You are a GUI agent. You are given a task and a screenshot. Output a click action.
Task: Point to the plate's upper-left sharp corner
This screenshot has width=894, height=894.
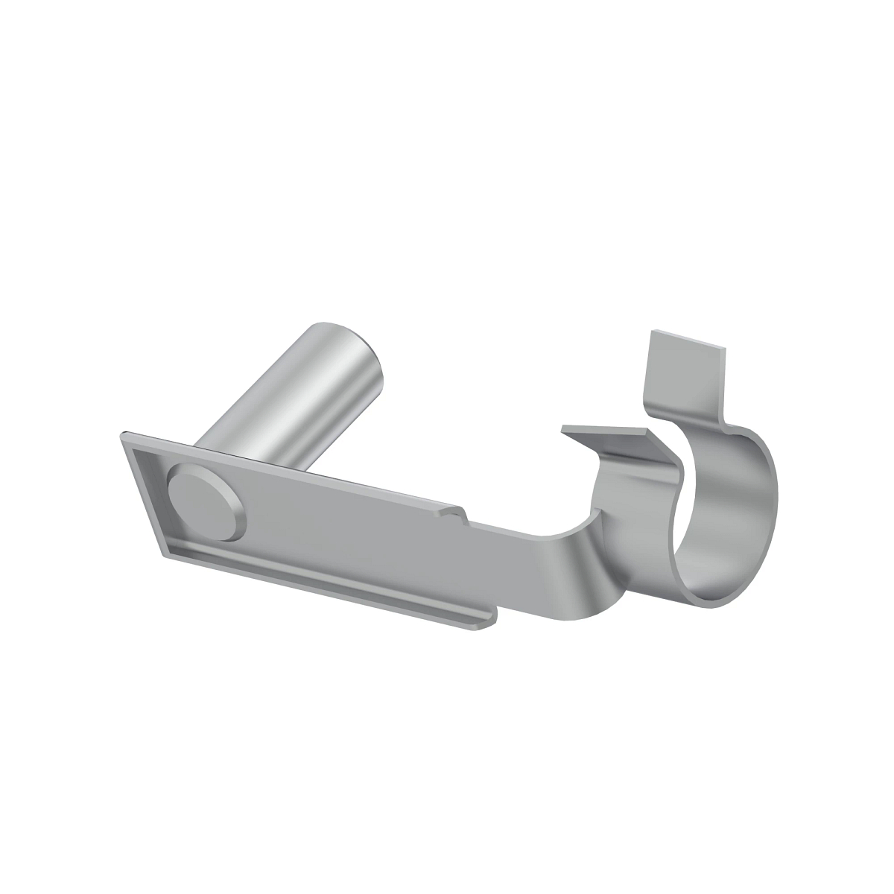[121, 434]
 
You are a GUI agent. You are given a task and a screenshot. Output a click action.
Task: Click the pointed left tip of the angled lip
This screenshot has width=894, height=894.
[565, 428]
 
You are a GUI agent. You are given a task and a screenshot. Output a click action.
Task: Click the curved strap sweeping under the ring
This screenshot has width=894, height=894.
[603, 581]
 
